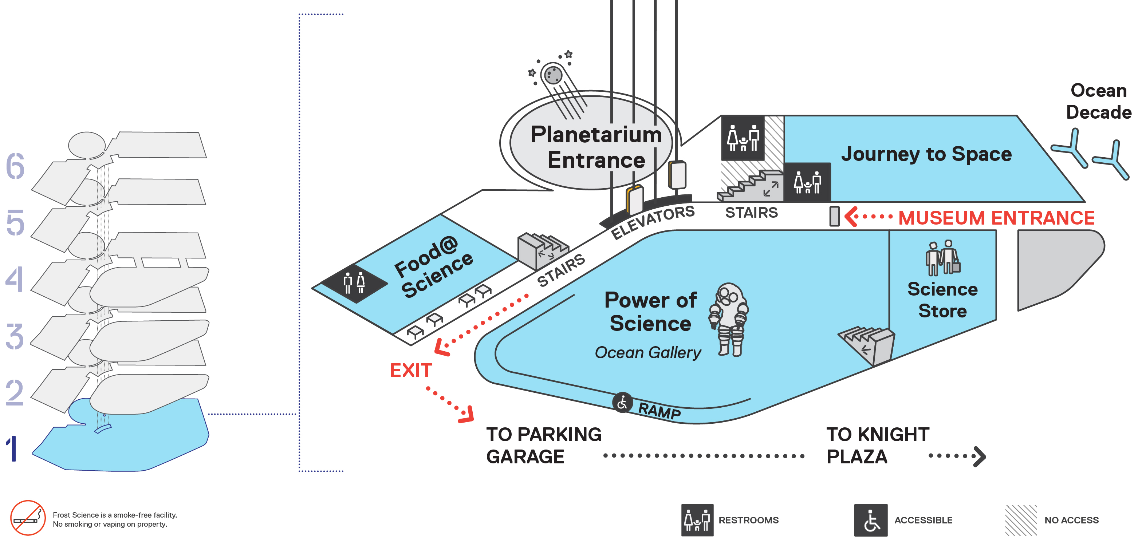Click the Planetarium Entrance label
click(596, 147)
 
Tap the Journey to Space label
click(926, 154)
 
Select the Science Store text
click(942, 300)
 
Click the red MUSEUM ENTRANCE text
click(996, 218)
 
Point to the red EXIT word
click(410, 371)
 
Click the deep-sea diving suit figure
click(729, 319)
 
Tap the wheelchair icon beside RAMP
click(622, 403)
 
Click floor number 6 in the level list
click(15, 167)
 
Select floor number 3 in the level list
click(15, 336)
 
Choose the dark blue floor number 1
click(12, 449)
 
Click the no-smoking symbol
click(28, 518)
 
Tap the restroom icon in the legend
click(697, 520)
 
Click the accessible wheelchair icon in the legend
click(871, 520)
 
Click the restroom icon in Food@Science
click(354, 283)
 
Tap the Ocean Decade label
click(1098, 101)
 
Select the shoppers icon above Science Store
click(943, 258)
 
